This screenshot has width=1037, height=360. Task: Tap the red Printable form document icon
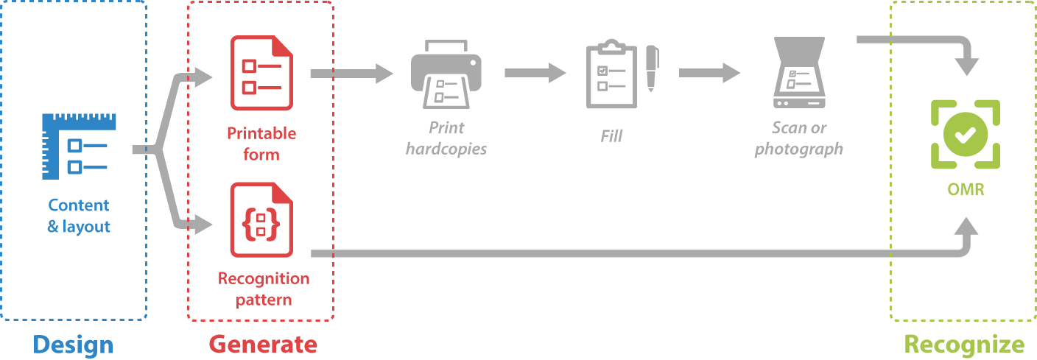261,73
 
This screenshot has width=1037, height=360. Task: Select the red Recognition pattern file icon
261,220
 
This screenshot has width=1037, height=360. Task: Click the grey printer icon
446,74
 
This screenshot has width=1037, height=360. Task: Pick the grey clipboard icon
611,75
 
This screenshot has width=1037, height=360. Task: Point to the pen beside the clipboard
652,68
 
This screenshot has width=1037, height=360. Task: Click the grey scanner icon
799,74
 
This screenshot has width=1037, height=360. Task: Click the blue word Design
74,344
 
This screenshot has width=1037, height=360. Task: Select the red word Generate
263,344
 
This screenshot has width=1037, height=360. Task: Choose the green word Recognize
964,344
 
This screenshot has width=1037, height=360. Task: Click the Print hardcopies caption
446,138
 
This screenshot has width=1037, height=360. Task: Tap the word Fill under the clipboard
611,136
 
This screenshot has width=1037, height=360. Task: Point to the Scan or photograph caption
799,138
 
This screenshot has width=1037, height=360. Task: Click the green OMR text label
965,190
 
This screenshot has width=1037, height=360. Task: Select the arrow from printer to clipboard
537,72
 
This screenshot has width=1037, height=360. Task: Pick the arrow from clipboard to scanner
711,72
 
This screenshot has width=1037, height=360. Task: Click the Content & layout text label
78,216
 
